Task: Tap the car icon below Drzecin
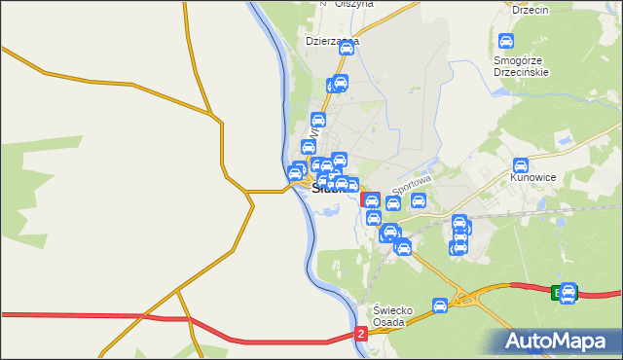click(x=505, y=42)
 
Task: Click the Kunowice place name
click(x=532, y=179)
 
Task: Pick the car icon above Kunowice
click(x=521, y=165)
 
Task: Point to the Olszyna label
click(x=353, y=4)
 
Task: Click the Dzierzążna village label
click(x=332, y=42)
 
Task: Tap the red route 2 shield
click(x=361, y=334)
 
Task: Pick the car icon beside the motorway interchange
click(x=440, y=306)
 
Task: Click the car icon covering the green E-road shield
click(x=568, y=291)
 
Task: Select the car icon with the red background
click(x=371, y=200)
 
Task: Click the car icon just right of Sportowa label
click(x=419, y=201)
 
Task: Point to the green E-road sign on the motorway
click(x=557, y=292)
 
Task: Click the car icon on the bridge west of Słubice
click(x=294, y=174)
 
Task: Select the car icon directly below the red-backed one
click(x=373, y=217)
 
